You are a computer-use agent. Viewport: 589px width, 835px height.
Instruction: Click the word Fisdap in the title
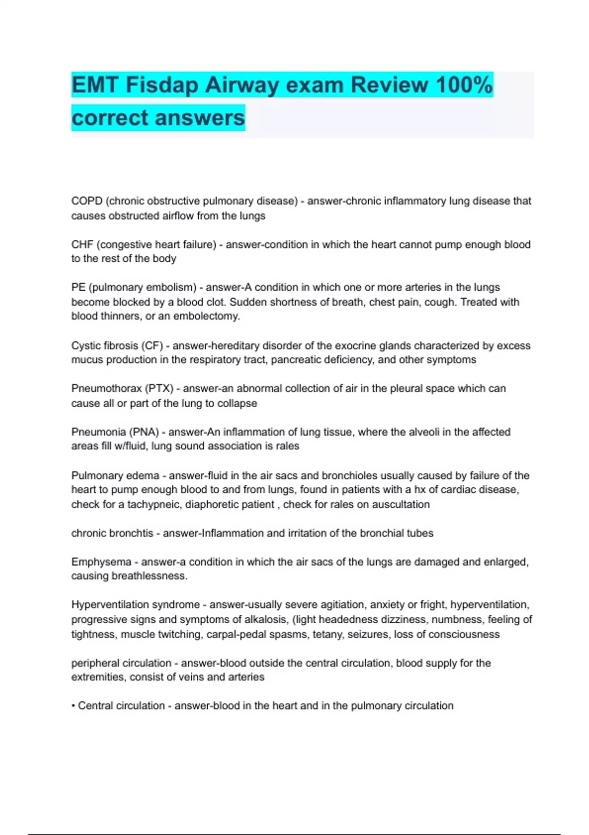point(162,85)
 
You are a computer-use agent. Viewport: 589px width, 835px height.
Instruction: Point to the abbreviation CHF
point(82,244)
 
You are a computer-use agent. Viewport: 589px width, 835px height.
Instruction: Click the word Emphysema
point(101,561)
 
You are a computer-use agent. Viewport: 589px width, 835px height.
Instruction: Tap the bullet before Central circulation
point(73,706)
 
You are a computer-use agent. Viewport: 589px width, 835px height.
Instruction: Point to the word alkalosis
point(266,619)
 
